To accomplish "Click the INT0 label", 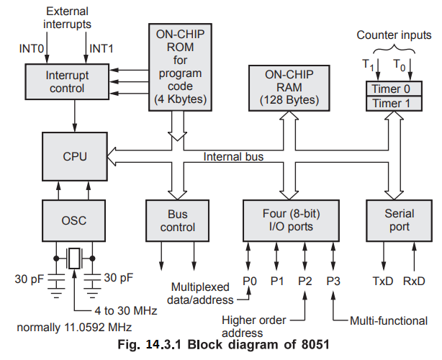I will [31, 48].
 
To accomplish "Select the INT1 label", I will [100, 48].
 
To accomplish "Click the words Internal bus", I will [233, 156].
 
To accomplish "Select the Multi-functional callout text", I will [388, 321].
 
